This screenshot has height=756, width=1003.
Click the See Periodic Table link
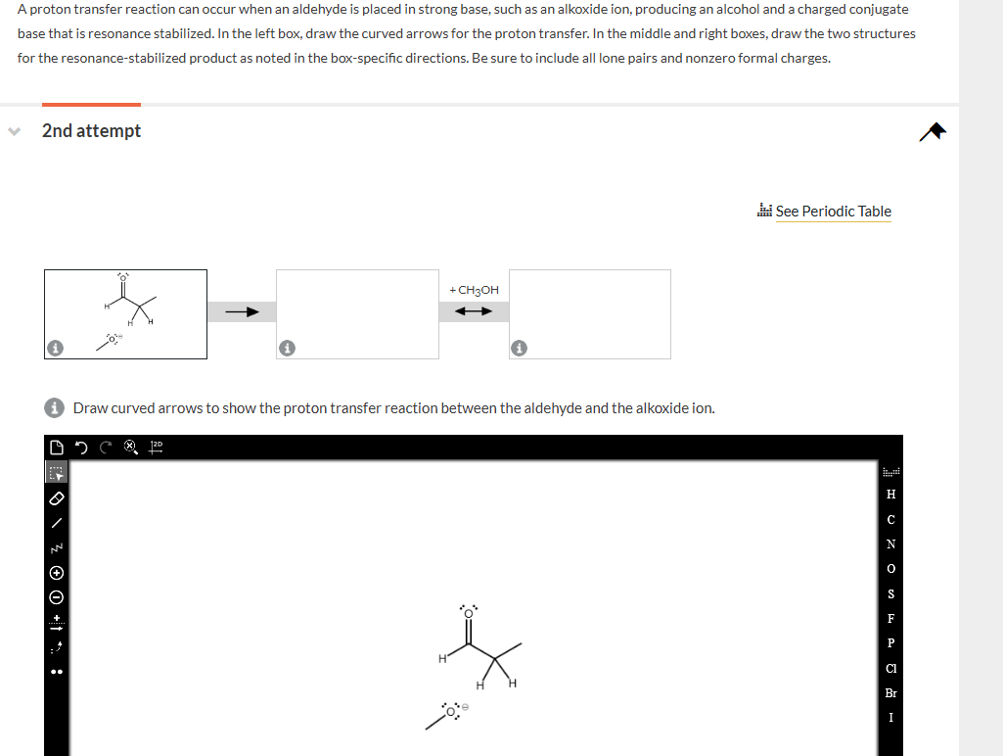click(833, 212)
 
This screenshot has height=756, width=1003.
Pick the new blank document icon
click(56, 449)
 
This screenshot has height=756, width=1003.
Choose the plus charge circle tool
click(56, 572)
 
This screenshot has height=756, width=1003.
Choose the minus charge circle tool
click(56, 596)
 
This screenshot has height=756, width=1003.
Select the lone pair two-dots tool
click(56, 672)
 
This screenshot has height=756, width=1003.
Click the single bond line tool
click(56, 522)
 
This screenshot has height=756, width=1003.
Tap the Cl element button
click(890, 668)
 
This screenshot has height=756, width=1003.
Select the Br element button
click(890, 692)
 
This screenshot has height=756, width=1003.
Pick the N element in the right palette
click(890, 543)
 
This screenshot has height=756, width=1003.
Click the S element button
click(890, 593)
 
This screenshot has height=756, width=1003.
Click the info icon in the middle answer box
click(287, 348)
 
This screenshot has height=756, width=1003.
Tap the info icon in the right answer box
click(520, 348)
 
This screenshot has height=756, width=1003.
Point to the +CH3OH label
click(474, 290)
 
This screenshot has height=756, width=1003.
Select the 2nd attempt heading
click(91, 131)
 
